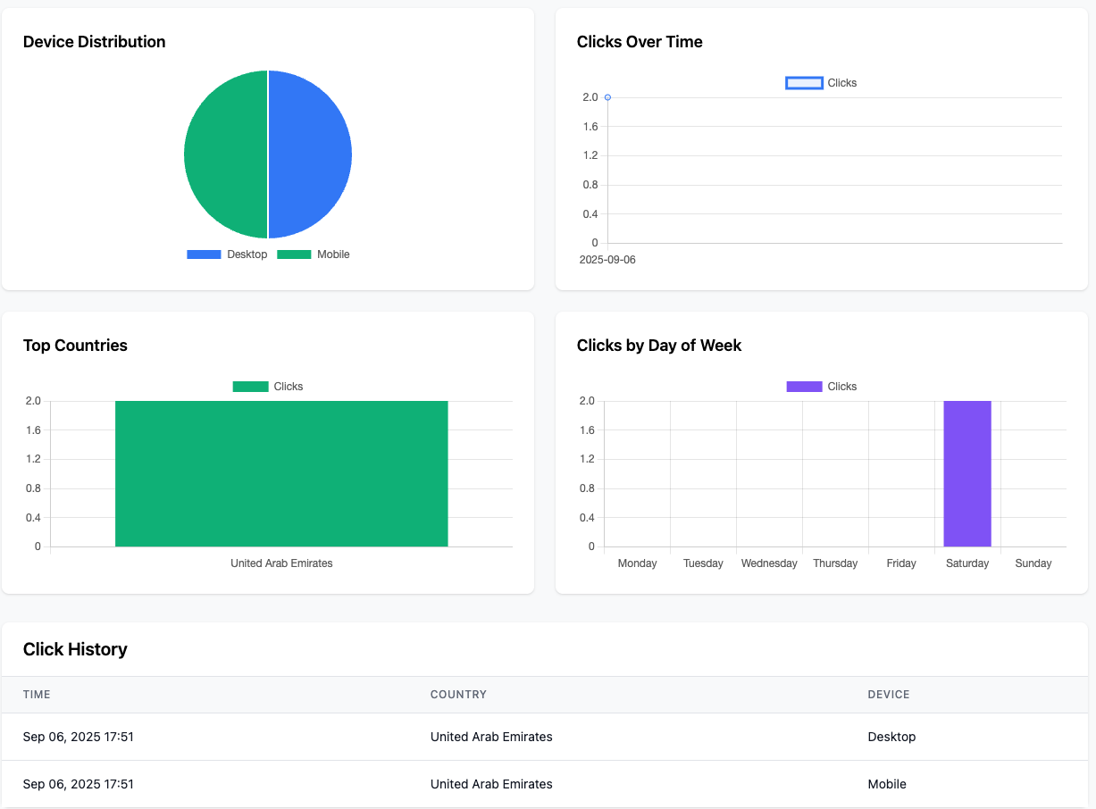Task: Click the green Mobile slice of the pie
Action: click(x=225, y=154)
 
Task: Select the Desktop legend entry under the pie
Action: click(x=227, y=254)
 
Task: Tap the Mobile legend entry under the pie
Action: click(x=314, y=254)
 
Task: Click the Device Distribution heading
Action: click(x=94, y=42)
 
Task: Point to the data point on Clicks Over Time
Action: click(x=607, y=97)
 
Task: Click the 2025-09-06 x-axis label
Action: click(x=607, y=260)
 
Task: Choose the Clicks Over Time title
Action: click(x=640, y=42)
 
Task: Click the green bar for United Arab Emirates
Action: click(x=281, y=473)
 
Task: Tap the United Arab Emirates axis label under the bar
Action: click(x=281, y=563)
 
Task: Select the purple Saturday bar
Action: click(x=967, y=473)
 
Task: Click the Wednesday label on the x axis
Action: click(x=769, y=563)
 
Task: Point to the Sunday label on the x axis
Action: click(x=1033, y=563)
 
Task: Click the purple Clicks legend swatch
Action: click(x=804, y=387)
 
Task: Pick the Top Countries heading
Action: click(x=75, y=346)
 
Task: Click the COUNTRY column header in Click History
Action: click(x=458, y=695)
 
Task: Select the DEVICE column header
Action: click(x=889, y=695)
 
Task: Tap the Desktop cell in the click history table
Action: click(x=891, y=737)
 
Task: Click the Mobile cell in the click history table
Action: click(x=887, y=784)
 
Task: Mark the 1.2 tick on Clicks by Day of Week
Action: click(x=588, y=459)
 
